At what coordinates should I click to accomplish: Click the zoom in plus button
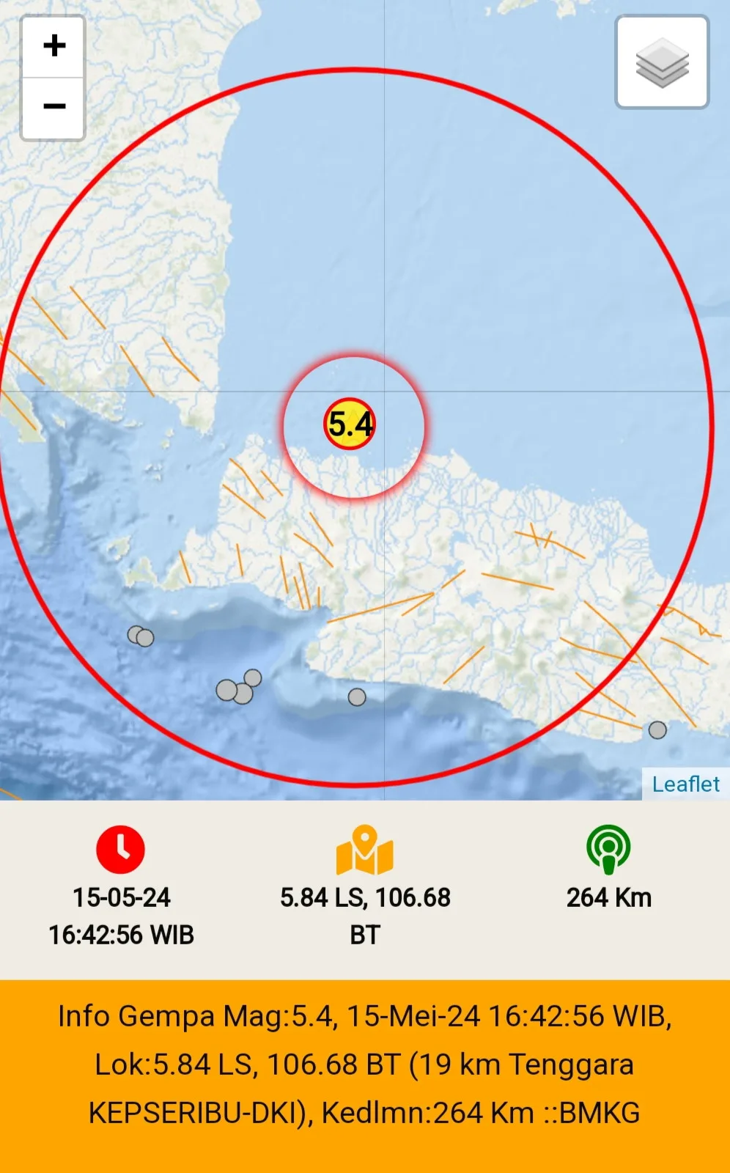click(x=54, y=46)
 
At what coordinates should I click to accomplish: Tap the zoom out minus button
click(x=54, y=107)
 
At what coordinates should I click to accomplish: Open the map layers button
click(x=662, y=62)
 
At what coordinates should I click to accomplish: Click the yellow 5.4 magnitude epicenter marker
click(x=350, y=424)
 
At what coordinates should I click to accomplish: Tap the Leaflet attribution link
click(x=685, y=784)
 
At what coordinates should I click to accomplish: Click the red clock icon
click(x=121, y=850)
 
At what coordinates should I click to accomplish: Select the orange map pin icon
click(x=364, y=850)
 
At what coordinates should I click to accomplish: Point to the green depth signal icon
click(x=608, y=849)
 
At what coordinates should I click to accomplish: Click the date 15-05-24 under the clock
click(x=122, y=897)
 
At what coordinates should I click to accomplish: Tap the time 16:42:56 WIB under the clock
click(x=122, y=935)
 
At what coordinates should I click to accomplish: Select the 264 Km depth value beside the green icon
click(x=609, y=897)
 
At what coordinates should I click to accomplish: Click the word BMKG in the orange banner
click(x=599, y=1113)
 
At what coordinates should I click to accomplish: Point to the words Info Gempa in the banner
click(x=137, y=1017)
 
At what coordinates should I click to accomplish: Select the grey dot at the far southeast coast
click(x=657, y=730)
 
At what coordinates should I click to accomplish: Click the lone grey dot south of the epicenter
click(x=357, y=696)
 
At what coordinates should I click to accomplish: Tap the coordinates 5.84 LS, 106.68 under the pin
click(x=365, y=897)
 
